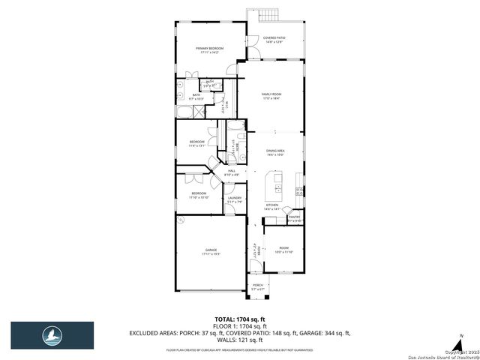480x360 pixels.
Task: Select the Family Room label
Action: tap(271, 96)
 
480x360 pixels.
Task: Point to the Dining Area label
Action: tap(275, 152)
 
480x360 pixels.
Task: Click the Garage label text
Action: tap(209, 251)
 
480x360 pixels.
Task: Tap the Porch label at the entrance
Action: tap(257, 286)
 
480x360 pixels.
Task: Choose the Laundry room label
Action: tap(235, 199)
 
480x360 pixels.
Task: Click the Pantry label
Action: tap(294, 218)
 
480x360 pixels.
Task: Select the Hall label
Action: tap(232, 173)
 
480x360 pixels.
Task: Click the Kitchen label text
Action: tap(271, 206)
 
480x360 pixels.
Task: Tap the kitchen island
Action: tap(274, 182)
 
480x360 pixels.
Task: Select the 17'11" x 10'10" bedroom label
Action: tap(198, 195)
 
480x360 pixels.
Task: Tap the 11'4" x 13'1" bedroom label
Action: tap(196, 143)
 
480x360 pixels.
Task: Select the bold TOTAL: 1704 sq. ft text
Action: tap(240, 319)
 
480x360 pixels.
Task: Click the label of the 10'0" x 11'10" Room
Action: tap(284, 250)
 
